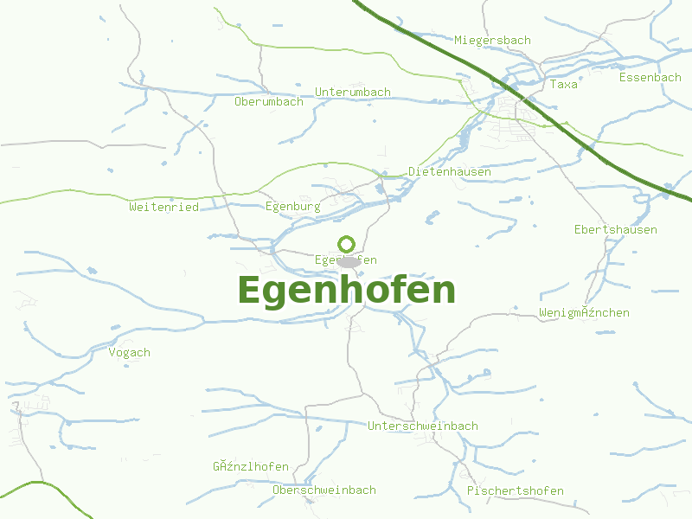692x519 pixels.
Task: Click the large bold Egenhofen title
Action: tap(346, 291)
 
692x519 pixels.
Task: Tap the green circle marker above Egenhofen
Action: tap(346, 244)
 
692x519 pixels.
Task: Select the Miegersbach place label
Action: tap(492, 40)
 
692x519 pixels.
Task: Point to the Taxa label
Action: tap(563, 84)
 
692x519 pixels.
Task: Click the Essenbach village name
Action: tap(650, 77)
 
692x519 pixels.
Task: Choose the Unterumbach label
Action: tap(353, 92)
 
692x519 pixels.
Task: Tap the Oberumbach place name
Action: tap(269, 101)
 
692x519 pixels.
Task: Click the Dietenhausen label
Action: tap(450, 171)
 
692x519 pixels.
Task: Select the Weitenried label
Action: tap(163, 207)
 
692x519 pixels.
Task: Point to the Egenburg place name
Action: tap(292, 207)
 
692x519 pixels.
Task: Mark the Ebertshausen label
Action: tap(615, 229)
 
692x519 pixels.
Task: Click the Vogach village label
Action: tap(130, 352)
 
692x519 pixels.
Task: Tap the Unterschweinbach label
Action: tap(422, 426)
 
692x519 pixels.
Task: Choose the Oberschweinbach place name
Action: tap(324, 490)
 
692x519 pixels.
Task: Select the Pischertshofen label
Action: tap(515, 490)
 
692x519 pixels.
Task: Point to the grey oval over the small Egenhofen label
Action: tap(349, 261)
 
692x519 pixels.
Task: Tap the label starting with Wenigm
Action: tap(584, 312)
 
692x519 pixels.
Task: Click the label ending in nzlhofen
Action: tap(251, 466)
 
